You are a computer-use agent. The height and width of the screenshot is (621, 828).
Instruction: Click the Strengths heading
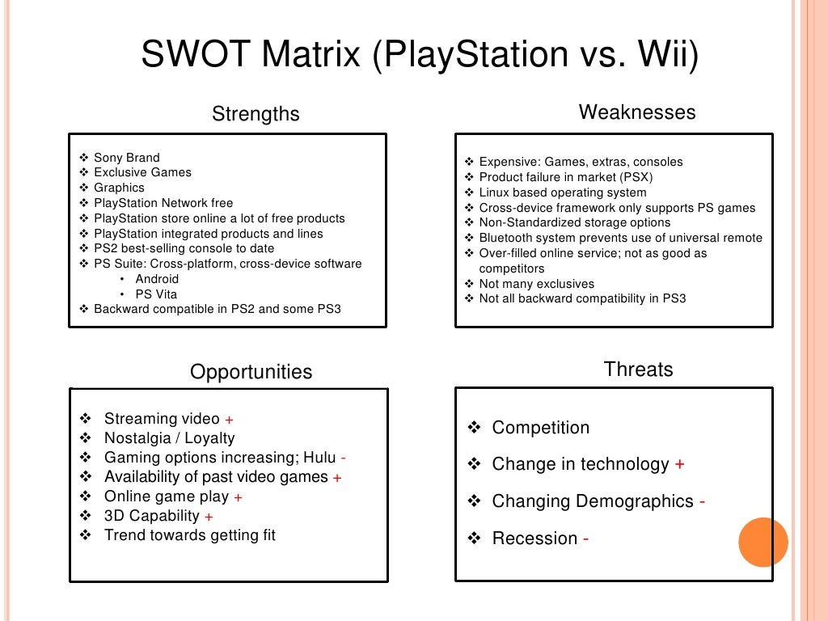coord(256,114)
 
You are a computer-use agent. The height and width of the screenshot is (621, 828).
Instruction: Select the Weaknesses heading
coord(637,112)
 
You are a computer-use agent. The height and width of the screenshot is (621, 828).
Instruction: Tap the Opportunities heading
coord(251,372)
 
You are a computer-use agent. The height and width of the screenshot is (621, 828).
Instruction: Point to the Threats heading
coord(638,370)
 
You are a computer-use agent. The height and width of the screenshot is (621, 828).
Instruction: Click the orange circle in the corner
coord(763,542)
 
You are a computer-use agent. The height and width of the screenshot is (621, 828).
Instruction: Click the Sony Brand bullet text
coord(127,158)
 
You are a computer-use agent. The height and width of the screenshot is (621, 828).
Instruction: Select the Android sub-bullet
coord(157,279)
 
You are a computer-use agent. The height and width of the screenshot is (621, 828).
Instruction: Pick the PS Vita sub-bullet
coord(156,294)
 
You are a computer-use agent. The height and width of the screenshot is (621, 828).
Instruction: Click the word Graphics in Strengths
coord(119,188)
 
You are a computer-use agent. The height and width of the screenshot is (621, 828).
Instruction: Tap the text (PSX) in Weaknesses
coord(636,177)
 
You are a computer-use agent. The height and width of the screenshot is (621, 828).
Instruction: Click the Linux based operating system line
coord(563,192)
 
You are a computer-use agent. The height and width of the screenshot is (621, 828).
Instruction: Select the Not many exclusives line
coord(536,284)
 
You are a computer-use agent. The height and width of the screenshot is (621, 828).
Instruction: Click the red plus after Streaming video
coord(229,420)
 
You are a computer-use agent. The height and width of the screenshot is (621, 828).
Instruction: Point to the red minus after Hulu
coord(343,458)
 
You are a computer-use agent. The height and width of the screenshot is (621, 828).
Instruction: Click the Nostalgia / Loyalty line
coord(169,438)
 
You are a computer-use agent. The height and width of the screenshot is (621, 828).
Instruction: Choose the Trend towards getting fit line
coord(190,535)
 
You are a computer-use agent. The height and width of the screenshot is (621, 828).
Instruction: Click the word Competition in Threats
coord(541,428)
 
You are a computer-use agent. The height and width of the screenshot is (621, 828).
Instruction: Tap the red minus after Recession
coord(585,539)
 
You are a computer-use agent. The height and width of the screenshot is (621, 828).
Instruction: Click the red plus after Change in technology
coord(679,465)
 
